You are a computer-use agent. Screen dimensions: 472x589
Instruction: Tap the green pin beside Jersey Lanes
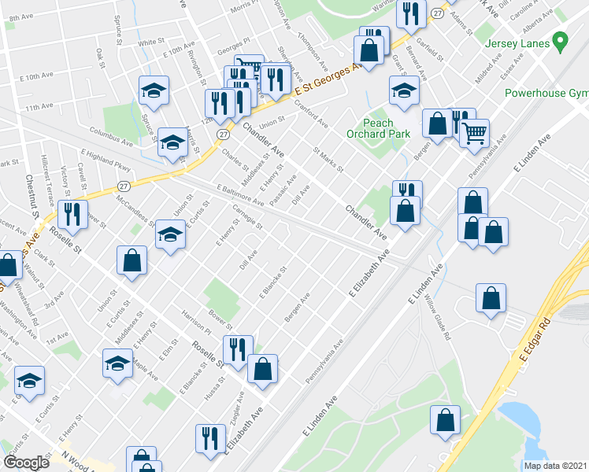pos(561,39)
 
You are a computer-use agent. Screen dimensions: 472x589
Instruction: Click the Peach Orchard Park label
pos(387,128)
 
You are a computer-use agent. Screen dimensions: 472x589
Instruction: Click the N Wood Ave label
pos(80,460)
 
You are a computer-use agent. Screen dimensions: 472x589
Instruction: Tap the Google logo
pos(25,463)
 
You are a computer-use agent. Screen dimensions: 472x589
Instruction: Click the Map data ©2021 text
pos(555,466)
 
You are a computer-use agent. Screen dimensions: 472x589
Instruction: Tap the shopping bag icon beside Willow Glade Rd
pos(491,298)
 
